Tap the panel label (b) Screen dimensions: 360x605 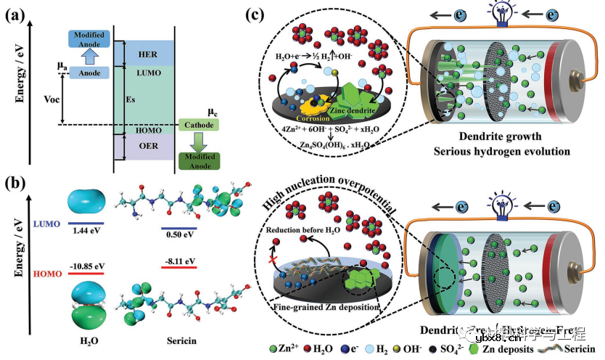[16, 180]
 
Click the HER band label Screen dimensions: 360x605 [147, 54]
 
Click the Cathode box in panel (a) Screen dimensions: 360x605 [199, 125]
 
